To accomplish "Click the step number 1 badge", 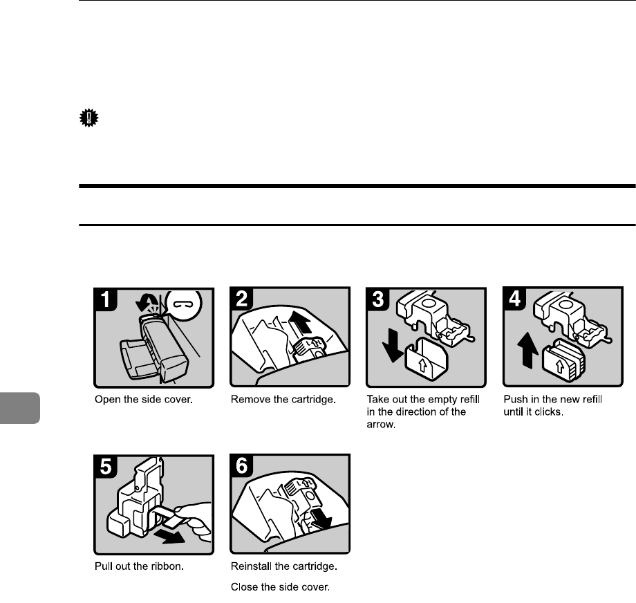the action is tap(106, 299).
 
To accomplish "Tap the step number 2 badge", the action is tap(242, 299).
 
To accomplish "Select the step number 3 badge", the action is tap(378, 299).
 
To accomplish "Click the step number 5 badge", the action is tap(106, 467).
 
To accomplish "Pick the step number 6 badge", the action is tap(242, 465).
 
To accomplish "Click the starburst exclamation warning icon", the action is tap(88, 118).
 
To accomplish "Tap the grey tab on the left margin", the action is tap(20, 408).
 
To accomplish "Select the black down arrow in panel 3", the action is tap(393, 345).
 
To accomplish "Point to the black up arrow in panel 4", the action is tap(527, 350).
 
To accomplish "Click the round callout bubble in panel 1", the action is tap(185, 305).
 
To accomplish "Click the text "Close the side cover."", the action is tap(280, 587).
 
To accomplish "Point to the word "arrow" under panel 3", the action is tap(381, 425).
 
